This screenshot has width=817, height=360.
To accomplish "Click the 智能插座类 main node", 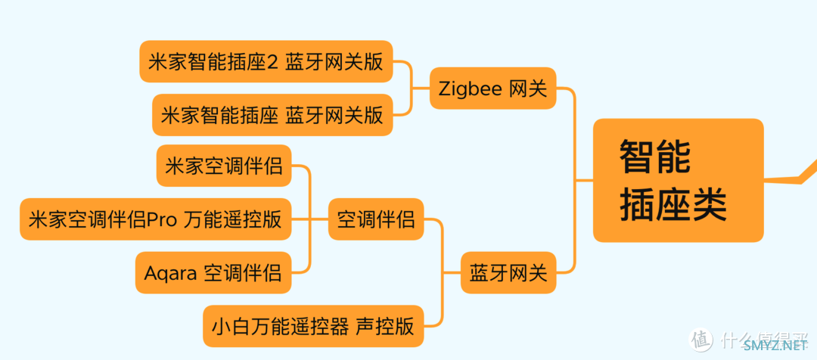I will [x=678, y=180].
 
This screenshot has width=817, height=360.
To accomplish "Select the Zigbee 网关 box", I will [x=492, y=88].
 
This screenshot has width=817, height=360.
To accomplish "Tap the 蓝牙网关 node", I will [x=508, y=272].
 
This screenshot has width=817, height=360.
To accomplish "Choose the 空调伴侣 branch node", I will [x=376, y=219].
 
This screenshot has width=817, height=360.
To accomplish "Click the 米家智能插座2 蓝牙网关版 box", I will [x=266, y=62].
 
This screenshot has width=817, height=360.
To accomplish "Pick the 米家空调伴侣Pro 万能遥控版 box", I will [x=155, y=219].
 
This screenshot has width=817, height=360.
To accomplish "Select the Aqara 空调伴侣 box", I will [x=213, y=272].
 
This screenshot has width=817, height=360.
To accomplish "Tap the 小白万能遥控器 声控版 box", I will [x=313, y=326].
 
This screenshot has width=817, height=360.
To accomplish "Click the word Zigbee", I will [x=470, y=88].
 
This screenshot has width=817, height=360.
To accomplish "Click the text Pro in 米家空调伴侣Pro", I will [x=162, y=220].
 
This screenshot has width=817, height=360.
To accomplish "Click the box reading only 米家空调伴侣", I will [x=223, y=166].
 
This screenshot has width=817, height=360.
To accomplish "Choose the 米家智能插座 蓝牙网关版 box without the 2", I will [x=272, y=115].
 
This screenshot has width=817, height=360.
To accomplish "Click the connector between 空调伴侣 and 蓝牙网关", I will [x=442, y=246].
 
